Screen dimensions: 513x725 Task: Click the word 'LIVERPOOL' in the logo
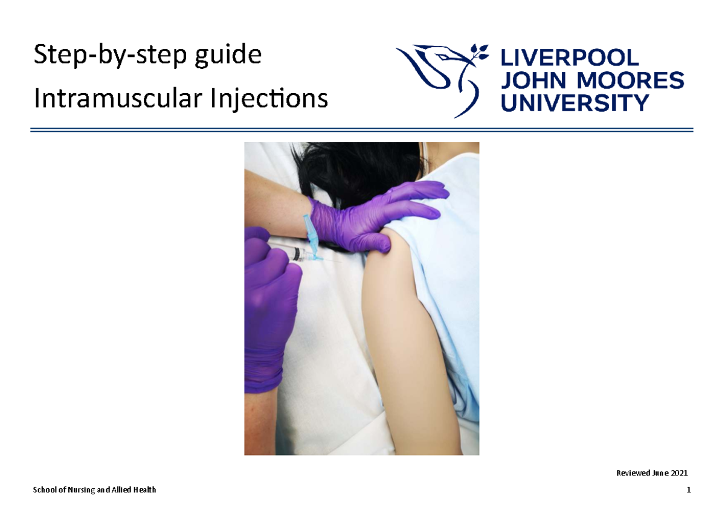[569, 58]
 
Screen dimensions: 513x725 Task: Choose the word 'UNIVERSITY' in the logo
[575, 103]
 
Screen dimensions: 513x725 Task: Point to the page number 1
[688, 490]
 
